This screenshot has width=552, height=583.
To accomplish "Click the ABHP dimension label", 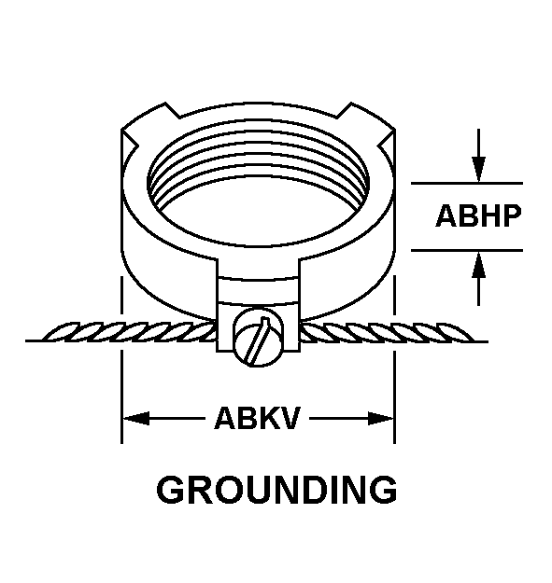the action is pyautogui.click(x=478, y=216).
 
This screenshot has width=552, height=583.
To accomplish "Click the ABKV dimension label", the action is pyautogui.click(x=257, y=418).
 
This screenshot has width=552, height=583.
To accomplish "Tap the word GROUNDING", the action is pyautogui.click(x=276, y=490).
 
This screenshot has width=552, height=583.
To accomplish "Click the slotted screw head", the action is pyautogui.click(x=258, y=338).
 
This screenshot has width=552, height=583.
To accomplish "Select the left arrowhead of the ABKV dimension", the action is pyautogui.click(x=135, y=418).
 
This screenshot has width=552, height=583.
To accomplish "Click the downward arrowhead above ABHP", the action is pyautogui.click(x=478, y=170).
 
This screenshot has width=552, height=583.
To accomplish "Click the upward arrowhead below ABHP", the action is pyautogui.click(x=478, y=264).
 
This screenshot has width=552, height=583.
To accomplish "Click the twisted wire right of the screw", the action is pyautogui.click(x=387, y=332).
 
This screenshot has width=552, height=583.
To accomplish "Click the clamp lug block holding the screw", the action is pyautogui.click(x=258, y=305).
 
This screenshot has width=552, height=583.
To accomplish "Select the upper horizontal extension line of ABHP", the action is pyautogui.click(x=467, y=183).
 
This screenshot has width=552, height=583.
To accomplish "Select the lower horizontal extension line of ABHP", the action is pyautogui.click(x=467, y=250).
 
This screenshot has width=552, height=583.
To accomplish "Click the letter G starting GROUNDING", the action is pyautogui.click(x=171, y=490).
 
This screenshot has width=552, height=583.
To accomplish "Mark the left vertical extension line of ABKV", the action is pyautogui.click(x=121, y=360).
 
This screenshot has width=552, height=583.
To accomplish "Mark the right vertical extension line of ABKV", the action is pyautogui.click(x=394, y=360).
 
